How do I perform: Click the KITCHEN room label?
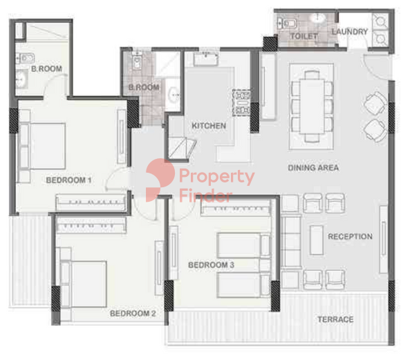[x=209, y=126]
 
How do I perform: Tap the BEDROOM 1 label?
[x=68, y=180]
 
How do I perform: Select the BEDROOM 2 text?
[x=133, y=313]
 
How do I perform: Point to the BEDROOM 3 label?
[x=211, y=265]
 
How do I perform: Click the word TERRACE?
[x=335, y=319]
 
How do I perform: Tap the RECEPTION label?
[x=350, y=236]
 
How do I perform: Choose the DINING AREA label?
[x=313, y=168]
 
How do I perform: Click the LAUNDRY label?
[x=350, y=32]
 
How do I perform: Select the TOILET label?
[x=304, y=37]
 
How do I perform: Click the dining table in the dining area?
[x=312, y=106]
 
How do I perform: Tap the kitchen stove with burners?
[x=241, y=103]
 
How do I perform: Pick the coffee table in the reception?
[x=317, y=240]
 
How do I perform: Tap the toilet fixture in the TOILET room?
[x=287, y=23]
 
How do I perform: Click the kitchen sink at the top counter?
[x=206, y=59]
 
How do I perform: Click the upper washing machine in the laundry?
[x=381, y=21]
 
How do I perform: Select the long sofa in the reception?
[x=291, y=242]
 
